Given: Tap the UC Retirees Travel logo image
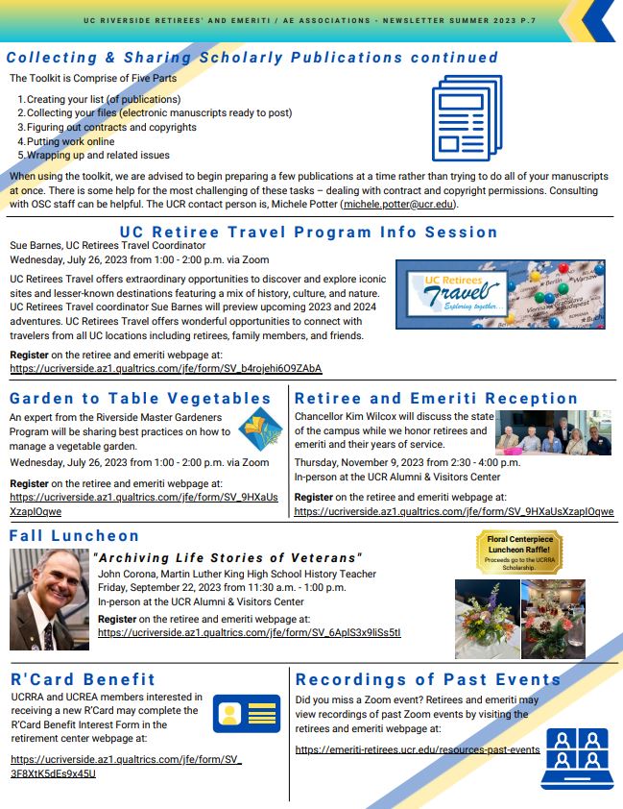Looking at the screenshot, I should (499, 294).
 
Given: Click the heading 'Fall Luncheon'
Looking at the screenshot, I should (75, 535).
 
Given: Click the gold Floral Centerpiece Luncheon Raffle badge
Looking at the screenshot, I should (519, 553).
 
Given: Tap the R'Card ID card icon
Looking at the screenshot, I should (246, 714).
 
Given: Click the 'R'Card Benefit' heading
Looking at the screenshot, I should (83, 679).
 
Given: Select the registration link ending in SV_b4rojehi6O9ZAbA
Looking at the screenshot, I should (165, 368).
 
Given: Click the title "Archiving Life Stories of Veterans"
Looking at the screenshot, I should (228, 558).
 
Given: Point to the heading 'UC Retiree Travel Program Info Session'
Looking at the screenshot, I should (309, 232).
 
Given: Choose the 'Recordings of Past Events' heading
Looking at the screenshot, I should (428, 679).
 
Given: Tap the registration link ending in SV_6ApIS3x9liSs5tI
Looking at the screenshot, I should (249, 633).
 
